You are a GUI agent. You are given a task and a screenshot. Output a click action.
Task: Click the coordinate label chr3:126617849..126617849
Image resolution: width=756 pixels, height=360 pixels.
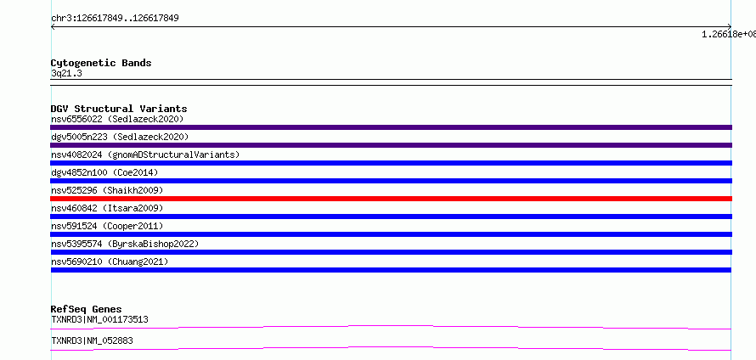pyautogui.click(x=115, y=19)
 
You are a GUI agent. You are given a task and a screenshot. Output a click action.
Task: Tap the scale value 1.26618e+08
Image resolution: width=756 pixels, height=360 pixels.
pyautogui.click(x=729, y=34)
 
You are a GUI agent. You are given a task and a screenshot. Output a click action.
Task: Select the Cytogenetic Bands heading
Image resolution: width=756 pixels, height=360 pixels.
pyautogui.click(x=101, y=63)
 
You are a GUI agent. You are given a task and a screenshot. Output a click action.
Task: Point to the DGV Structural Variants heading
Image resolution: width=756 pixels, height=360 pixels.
pyautogui.click(x=119, y=109)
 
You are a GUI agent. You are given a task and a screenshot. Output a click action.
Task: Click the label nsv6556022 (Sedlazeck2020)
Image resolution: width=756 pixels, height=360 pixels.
pyautogui.click(x=117, y=119)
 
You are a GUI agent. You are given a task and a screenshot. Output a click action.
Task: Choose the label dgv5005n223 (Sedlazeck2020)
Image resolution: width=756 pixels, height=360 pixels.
pyautogui.click(x=120, y=137)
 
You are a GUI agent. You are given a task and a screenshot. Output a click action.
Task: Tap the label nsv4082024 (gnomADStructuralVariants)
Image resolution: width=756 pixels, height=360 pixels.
pyautogui.click(x=145, y=155)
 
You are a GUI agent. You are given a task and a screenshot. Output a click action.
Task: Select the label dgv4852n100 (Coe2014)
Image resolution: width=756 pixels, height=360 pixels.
pyautogui.click(x=104, y=172)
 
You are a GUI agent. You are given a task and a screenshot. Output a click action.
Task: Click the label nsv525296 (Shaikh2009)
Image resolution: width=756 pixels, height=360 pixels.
pyautogui.click(x=107, y=190)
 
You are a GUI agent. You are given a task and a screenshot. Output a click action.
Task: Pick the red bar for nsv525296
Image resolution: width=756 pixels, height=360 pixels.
pyautogui.click(x=391, y=199)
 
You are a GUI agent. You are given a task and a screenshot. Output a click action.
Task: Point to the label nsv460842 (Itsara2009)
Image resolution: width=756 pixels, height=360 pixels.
pyautogui.click(x=107, y=208)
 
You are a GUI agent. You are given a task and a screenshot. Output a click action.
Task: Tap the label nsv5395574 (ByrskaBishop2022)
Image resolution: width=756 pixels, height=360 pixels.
pyautogui.click(x=125, y=244)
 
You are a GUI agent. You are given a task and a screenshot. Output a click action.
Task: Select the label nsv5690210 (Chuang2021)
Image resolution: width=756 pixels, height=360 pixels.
pyautogui.click(x=110, y=262)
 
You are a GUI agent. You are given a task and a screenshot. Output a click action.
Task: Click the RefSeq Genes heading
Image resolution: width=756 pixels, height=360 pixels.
pyautogui.click(x=87, y=309)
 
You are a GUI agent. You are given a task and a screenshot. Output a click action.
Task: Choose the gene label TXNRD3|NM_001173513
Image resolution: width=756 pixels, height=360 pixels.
pyautogui.click(x=99, y=319)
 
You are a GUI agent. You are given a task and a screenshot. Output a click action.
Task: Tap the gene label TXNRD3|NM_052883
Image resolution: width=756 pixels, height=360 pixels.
pyautogui.click(x=92, y=341)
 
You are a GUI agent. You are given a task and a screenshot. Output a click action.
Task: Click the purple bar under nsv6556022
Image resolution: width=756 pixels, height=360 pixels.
pyautogui.click(x=391, y=127)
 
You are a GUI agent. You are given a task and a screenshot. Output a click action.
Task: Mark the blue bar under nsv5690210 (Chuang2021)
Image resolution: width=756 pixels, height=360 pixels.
pyautogui.click(x=391, y=270)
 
